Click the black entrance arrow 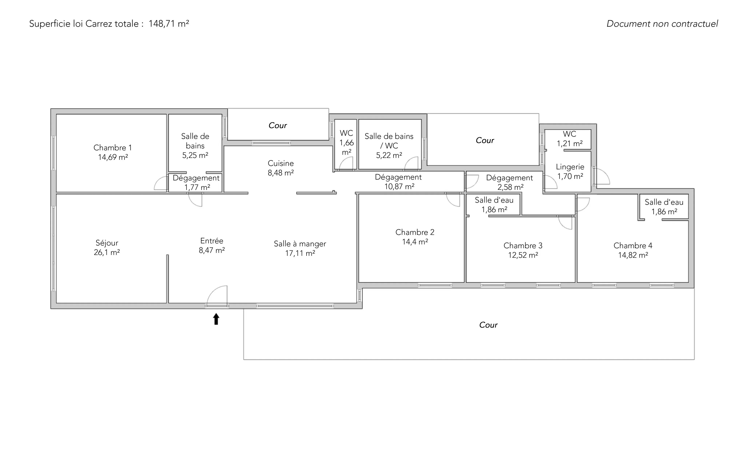click(216, 319)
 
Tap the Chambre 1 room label click(113, 148)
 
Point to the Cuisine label click(281, 163)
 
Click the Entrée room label click(212, 241)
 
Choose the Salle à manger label click(300, 244)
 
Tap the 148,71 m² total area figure click(169, 23)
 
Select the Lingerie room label click(570, 167)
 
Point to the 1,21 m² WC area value click(570, 144)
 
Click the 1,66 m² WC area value click(346, 148)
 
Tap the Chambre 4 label click(633, 245)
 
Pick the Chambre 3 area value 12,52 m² click(523, 255)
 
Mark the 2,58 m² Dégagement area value click(511, 187)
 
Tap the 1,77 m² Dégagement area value click(197, 187)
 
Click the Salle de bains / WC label click(389, 141)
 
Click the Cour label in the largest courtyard click(488, 325)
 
